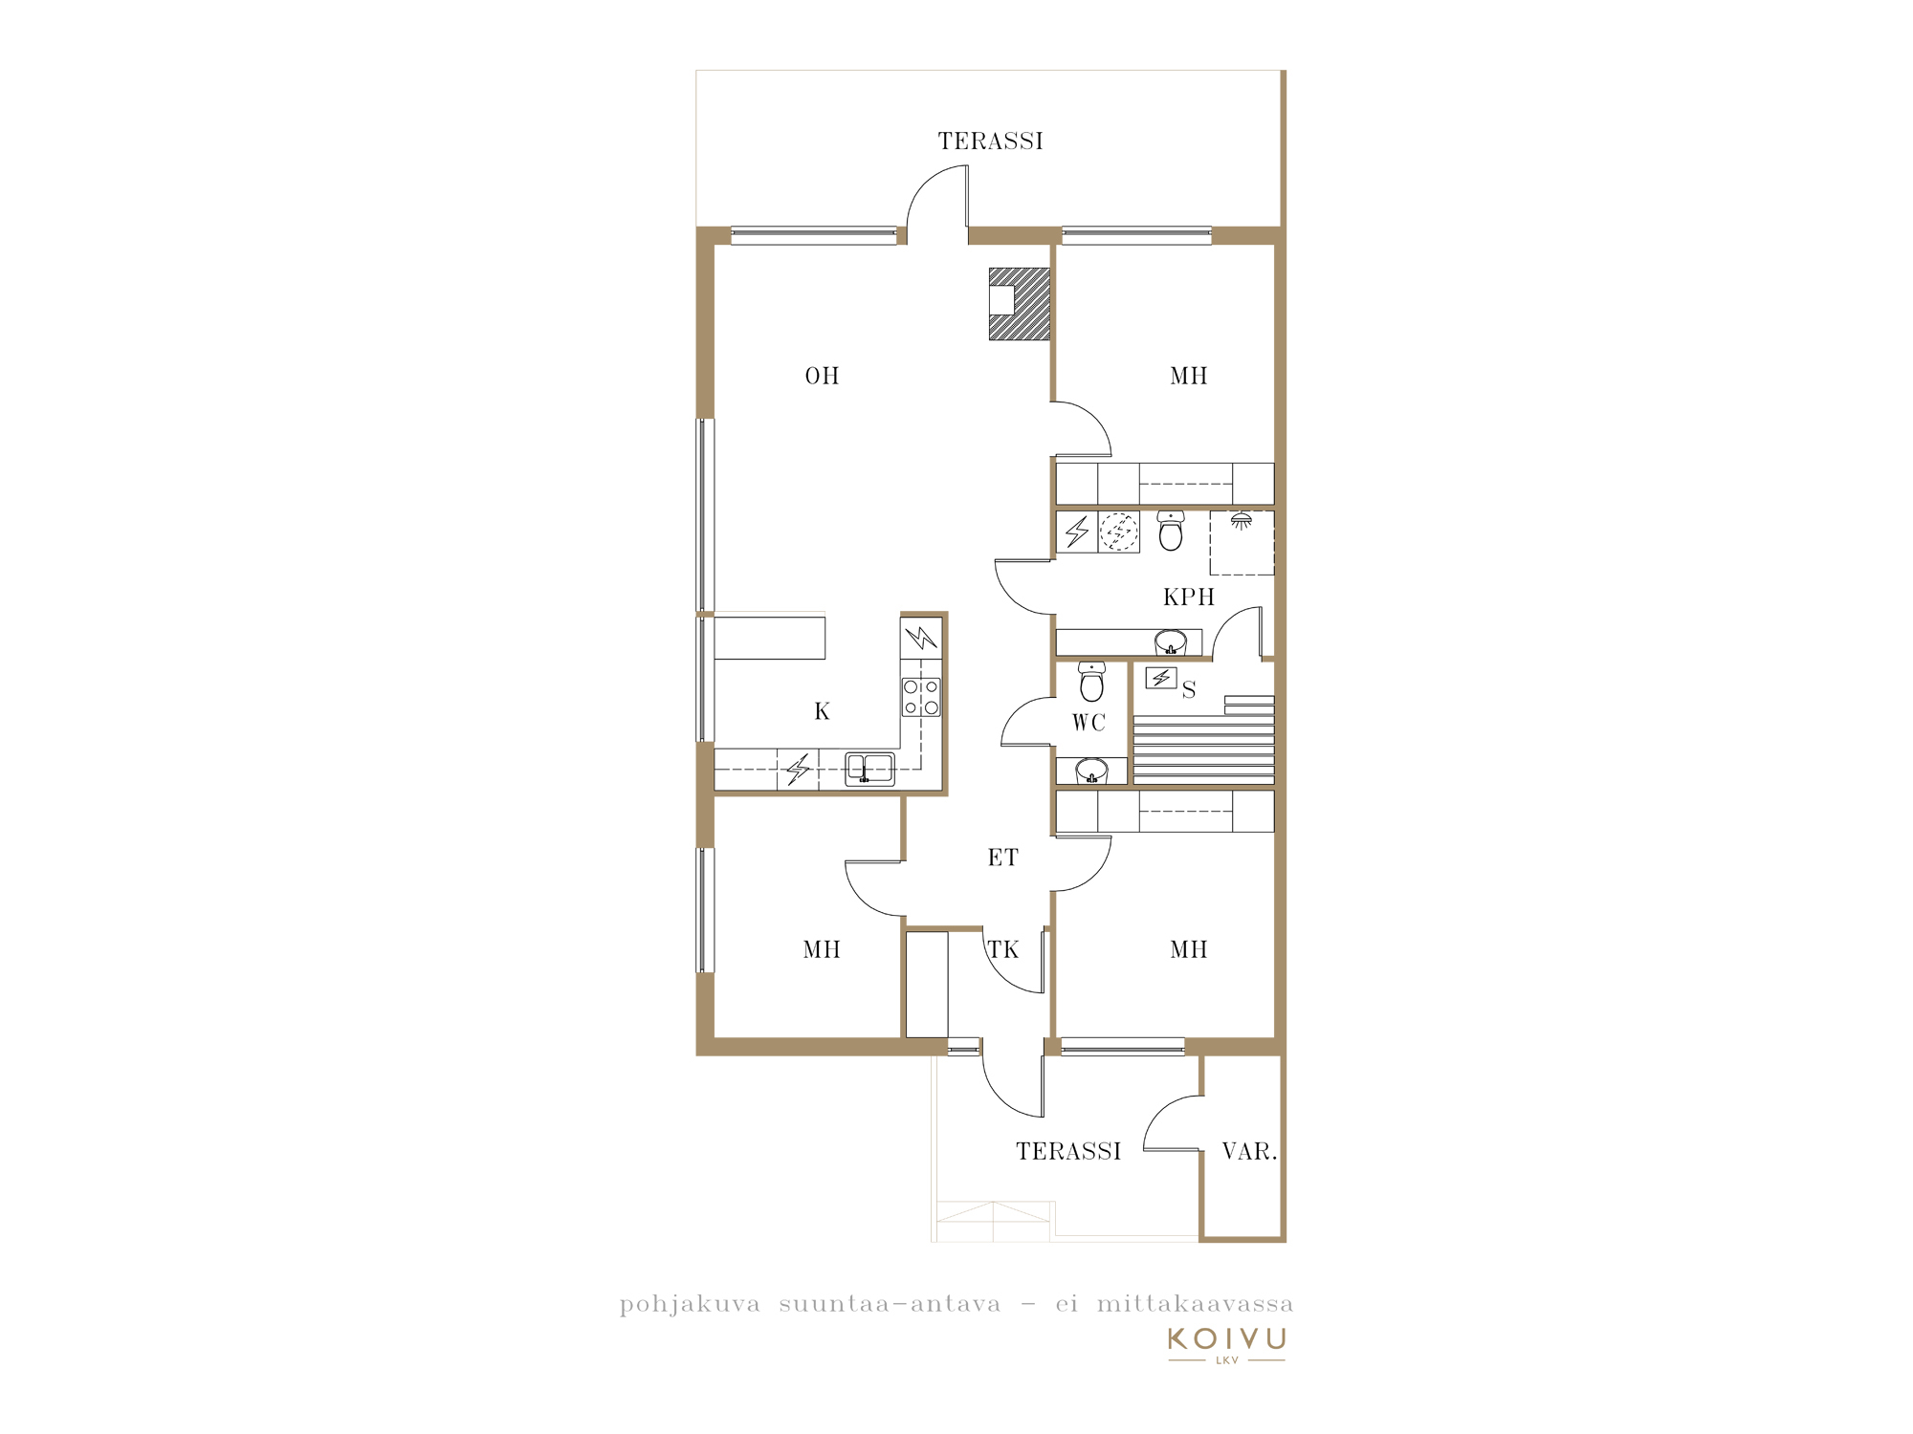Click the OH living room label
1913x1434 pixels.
(822, 376)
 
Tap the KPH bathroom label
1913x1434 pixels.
(1189, 597)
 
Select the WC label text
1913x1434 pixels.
(1088, 723)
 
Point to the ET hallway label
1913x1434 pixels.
(1003, 858)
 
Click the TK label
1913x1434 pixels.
(1003, 949)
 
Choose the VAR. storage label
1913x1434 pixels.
(1249, 1151)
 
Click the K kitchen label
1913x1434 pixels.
(822, 711)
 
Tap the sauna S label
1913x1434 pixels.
(1189, 689)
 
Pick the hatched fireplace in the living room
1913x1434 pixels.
(1020, 304)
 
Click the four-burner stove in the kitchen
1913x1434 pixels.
(921, 697)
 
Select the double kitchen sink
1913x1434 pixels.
(869, 769)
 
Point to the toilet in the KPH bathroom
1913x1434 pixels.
(1171, 532)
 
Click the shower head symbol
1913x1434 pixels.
(1242, 521)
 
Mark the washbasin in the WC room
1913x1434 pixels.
(1091, 771)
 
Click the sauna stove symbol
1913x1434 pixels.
(1161, 678)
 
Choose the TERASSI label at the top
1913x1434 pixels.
(990, 141)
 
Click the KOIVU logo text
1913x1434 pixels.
(1227, 1338)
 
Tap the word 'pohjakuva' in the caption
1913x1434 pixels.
(690, 1304)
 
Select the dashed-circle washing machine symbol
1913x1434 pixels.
(1118, 532)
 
